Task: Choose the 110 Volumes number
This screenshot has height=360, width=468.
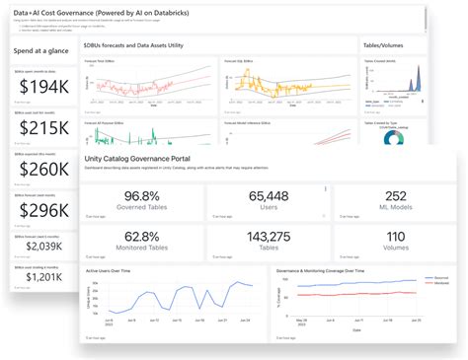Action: point(395,237)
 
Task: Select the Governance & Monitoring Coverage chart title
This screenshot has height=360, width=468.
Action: point(326,269)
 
